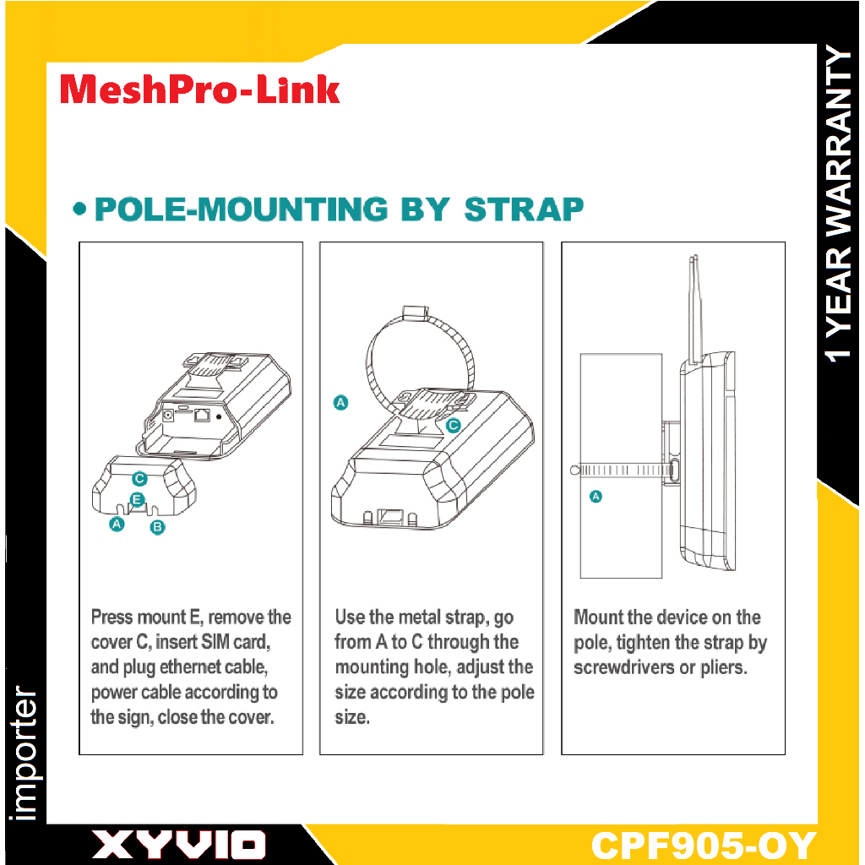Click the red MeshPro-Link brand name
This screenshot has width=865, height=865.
pos(199,90)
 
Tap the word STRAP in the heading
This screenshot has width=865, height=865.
pos(524,209)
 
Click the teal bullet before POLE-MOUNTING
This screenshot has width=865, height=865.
pos(80,209)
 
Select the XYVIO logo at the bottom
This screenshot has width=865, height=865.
pos(178,845)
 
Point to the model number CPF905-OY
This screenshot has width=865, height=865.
pos(704,845)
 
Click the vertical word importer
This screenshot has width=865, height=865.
pos(24,753)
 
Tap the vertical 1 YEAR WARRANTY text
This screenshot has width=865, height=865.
pos(839,204)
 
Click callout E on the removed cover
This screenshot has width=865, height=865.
pos(137,500)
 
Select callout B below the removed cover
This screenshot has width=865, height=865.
pos(157,527)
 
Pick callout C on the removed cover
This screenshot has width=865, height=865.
pos(139,478)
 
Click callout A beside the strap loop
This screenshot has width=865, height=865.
pos(341,403)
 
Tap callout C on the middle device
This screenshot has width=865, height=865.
pos(453,426)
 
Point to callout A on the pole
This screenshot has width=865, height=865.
pos(596,497)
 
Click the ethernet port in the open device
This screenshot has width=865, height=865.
pos(202,415)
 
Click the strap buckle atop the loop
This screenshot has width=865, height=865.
pos(416,313)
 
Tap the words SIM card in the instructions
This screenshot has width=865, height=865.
pos(236,642)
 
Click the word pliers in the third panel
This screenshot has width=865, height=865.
pos(724,667)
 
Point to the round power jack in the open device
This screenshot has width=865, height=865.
pos(168,414)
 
